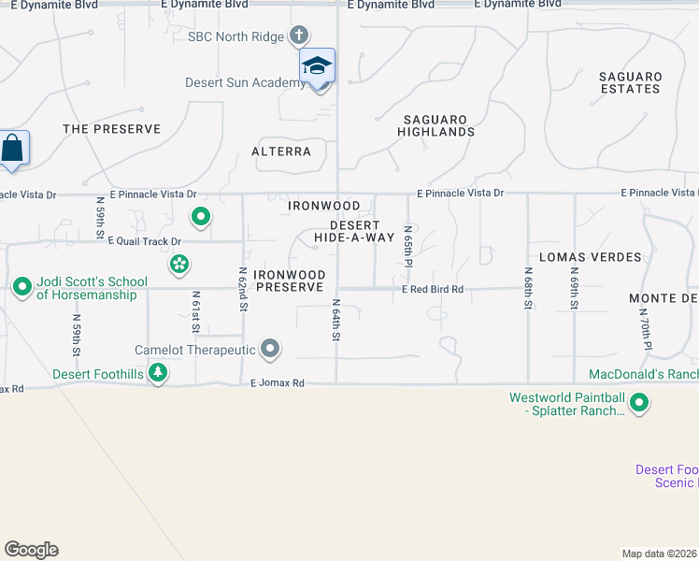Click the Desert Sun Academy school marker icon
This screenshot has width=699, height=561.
[x=317, y=66]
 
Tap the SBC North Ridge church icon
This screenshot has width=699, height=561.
[x=299, y=36]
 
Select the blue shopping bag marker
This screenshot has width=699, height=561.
[x=12, y=149]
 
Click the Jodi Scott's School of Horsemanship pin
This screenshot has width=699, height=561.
[x=21, y=287]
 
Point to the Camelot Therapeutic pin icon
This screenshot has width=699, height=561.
[x=271, y=350]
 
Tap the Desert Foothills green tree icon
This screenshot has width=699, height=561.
[x=159, y=374]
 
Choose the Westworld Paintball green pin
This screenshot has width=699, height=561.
[x=639, y=404]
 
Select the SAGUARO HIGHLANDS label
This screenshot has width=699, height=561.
[x=439, y=125]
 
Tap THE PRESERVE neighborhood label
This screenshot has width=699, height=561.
[x=111, y=129]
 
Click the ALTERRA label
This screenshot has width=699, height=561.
[x=281, y=151]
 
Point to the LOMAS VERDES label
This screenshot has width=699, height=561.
[x=591, y=256]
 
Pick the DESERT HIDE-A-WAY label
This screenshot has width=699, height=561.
[x=354, y=231]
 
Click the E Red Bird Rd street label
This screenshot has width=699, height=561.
[x=433, y=290]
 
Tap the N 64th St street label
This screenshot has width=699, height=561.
[x=335, y=321]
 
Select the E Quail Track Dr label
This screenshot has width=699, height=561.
[x=144, y=240]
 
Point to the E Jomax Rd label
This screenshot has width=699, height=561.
[x=278, y=383]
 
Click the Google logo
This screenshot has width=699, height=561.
[x=31, y=550]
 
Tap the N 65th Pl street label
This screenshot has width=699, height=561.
[x=407, y=245]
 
